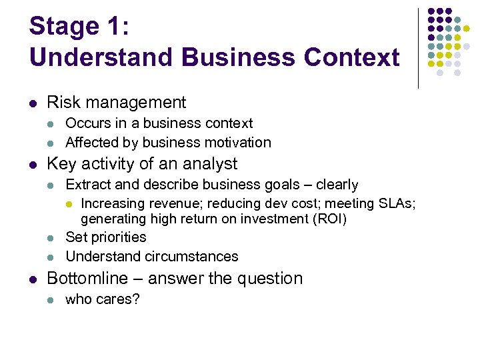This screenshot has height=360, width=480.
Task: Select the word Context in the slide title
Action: tap(351, 57)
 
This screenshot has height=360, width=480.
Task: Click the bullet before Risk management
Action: tap(33, 103)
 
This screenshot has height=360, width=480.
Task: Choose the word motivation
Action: tap(238, 143)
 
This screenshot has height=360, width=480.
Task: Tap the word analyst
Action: tap(209, 163)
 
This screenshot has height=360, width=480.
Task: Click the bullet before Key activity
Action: tap(33, 164)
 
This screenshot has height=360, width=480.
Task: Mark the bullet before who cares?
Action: tap(51, 300)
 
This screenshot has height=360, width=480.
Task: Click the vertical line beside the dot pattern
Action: tap(418, 48)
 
